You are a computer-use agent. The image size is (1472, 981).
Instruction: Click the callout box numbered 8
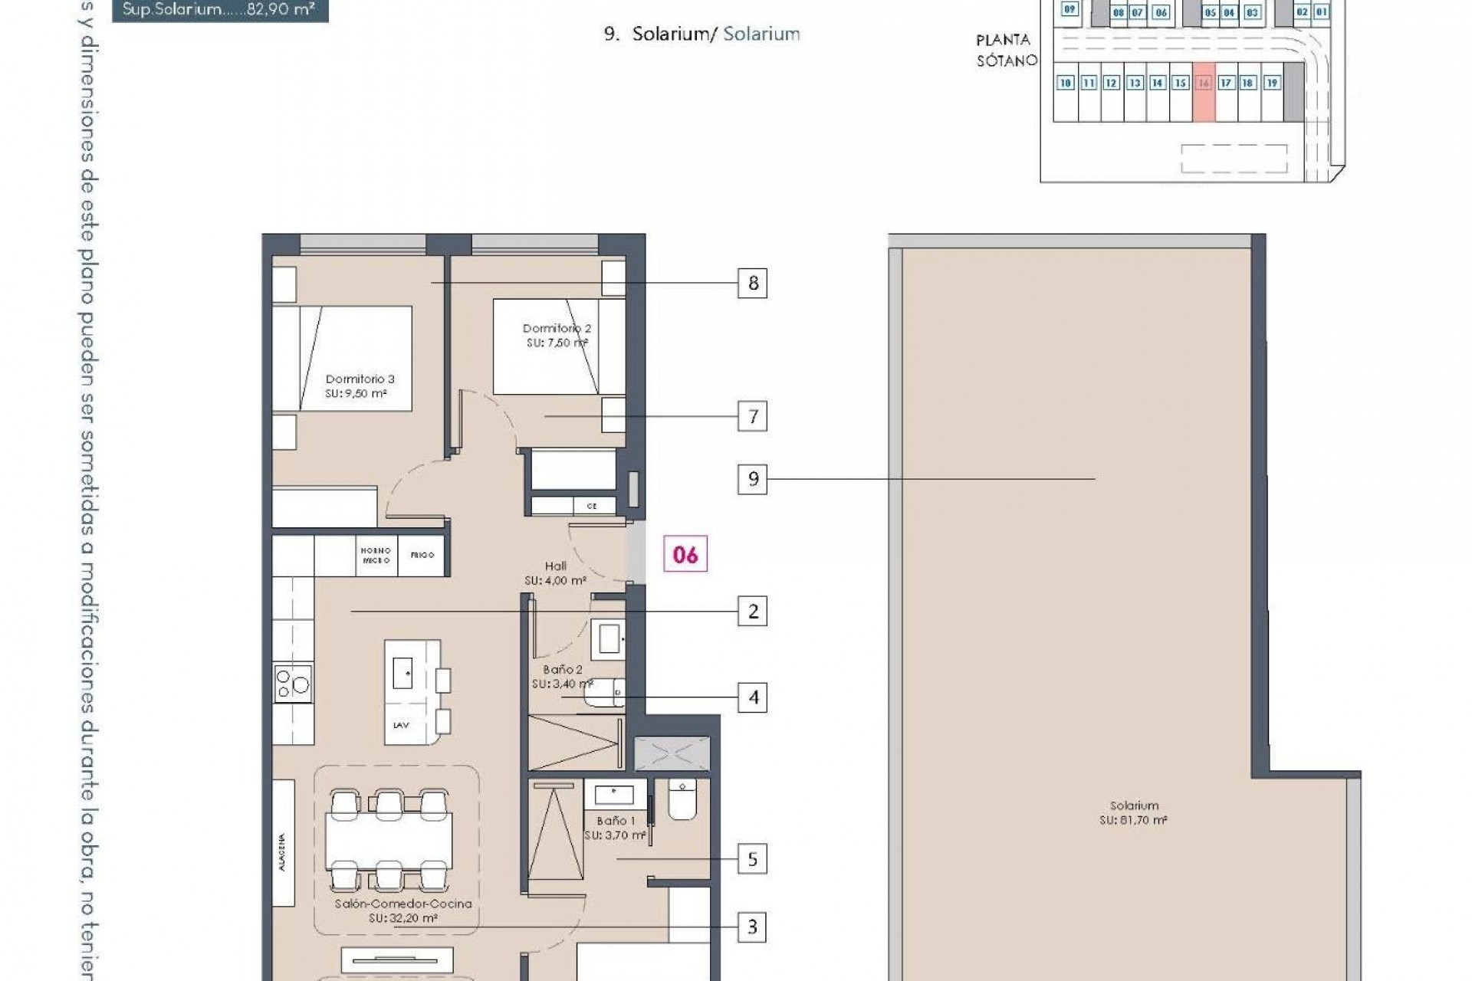point(752,284)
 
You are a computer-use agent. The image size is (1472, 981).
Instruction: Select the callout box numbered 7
point(752,416)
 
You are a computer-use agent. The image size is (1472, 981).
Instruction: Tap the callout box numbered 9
point(752,479)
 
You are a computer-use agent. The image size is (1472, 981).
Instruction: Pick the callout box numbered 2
point(752,612)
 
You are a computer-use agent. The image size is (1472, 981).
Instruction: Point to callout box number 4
point(752,697)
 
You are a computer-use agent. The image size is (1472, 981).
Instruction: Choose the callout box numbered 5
point(752,859)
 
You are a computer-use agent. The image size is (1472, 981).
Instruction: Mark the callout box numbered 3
point(752,927)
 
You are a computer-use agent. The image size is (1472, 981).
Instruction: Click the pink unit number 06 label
point(685,554)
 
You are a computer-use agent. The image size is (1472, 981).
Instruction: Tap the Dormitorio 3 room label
point(359,386)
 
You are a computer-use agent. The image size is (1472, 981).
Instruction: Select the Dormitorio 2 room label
point(557,335)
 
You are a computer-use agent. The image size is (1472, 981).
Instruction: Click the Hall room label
point(555,573)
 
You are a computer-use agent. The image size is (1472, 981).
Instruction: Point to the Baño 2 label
point(563,676)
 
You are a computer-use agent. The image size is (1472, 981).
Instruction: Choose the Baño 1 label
point(615,828)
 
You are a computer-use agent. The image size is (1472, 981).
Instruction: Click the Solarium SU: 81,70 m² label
point(1134,812)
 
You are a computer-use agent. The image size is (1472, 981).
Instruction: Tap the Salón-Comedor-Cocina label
point(403,910)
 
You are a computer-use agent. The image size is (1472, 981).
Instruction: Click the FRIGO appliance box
point(422,555)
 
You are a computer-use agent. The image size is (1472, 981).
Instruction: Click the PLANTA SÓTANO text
point(1005,50)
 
